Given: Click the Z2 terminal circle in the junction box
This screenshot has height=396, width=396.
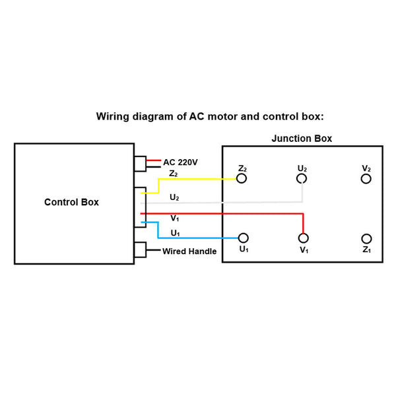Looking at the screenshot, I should [x=242, y=179].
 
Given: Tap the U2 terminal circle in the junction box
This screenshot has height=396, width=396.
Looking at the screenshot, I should [x=302, y=179].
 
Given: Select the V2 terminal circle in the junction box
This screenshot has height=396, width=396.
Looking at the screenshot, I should [x=366, y=179].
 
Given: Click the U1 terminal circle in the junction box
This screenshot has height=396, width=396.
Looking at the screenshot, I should [x=243, y=238].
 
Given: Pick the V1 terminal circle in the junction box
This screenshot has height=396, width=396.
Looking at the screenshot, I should [x=303, y=238].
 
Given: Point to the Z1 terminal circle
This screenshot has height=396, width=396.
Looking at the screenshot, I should [x=366, y=238].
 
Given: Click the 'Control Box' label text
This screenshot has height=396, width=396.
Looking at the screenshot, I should [x=71, y=202].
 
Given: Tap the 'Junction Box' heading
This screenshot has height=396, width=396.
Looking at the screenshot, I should [x=302, y=139].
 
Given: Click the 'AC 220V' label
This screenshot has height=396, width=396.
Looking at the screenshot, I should [x=180, y=162].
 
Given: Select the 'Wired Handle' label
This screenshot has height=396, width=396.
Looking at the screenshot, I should [x=189, y=251].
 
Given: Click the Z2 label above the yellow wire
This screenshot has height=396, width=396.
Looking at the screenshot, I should [x=174, y=174].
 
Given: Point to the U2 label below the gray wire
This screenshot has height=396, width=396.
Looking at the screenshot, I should [x=174, y=197].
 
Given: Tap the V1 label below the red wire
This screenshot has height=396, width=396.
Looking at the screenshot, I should [x=174, y=218].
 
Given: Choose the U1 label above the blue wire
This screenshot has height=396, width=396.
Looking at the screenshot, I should [x=175, y=232].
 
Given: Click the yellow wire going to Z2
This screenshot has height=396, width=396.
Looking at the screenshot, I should [x=198, y=179].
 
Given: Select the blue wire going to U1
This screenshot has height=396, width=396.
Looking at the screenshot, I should [x=198, y=238].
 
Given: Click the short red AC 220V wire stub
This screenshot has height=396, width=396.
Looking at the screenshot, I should [x=154, y=160].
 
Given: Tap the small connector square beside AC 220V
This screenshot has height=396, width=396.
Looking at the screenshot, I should [x=140, y=164].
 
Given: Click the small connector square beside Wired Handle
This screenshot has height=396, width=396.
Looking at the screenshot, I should [x=140, y=251].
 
